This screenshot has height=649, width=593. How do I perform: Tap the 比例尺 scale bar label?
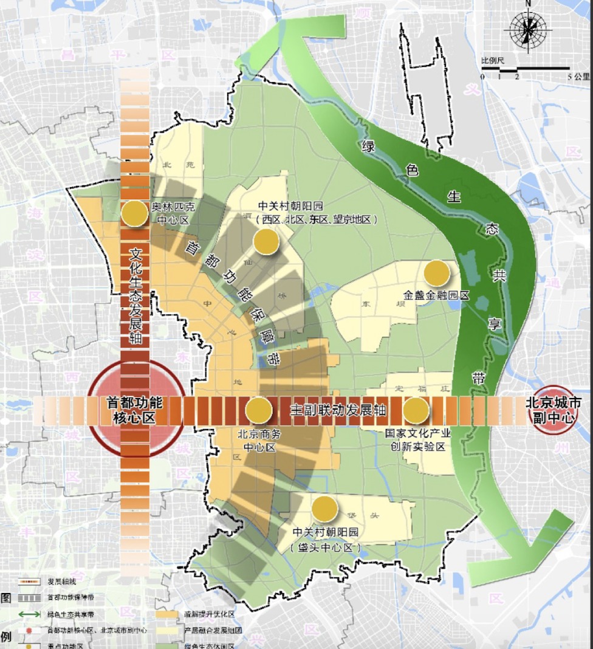point(492,61)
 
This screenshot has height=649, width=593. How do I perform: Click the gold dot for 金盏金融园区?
point(437,273)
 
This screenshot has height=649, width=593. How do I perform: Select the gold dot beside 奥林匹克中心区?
point(135,214)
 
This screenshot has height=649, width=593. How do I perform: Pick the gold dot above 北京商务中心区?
point(258,410)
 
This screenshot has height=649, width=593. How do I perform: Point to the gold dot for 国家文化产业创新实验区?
point(416,411)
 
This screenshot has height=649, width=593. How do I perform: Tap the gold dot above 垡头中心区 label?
point(324,509)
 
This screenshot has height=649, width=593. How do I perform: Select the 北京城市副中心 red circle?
point(554,410)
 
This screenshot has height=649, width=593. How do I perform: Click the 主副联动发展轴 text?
point(337,410)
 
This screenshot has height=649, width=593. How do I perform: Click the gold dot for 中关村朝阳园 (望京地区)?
point(266,241)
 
